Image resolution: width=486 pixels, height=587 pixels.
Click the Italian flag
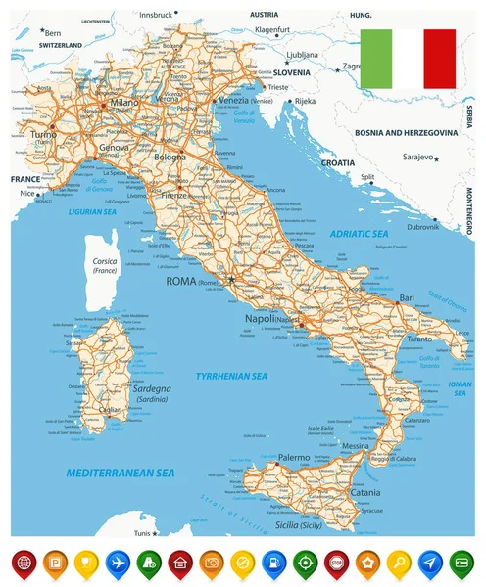pyautogui.click(x=408, y=59)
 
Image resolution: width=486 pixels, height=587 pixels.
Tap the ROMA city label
pyautogui.click(x=180, y=282)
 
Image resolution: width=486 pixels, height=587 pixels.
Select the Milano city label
pyautogui.click(x=124, y=103)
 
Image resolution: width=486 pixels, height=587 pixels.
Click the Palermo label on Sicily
pyautogui.click(x=293, y=458)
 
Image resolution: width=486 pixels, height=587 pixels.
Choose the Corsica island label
pyautogui.click(x=105, y=262)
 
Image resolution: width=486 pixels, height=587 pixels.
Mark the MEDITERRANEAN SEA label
pyautogui.click(x=121, y=473)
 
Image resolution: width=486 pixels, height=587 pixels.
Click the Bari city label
pyautogui.click(x=408, y=296)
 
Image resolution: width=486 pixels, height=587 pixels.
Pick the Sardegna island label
pyautogui.click(x=123, y=389)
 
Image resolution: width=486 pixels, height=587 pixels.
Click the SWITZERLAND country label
pyautogui.click(x=47, y=45)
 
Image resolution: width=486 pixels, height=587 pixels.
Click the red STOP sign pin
pyautogui.click(x=336, y=564)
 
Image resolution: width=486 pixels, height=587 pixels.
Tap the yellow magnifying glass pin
pyautogui.click(x=398, y=564)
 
